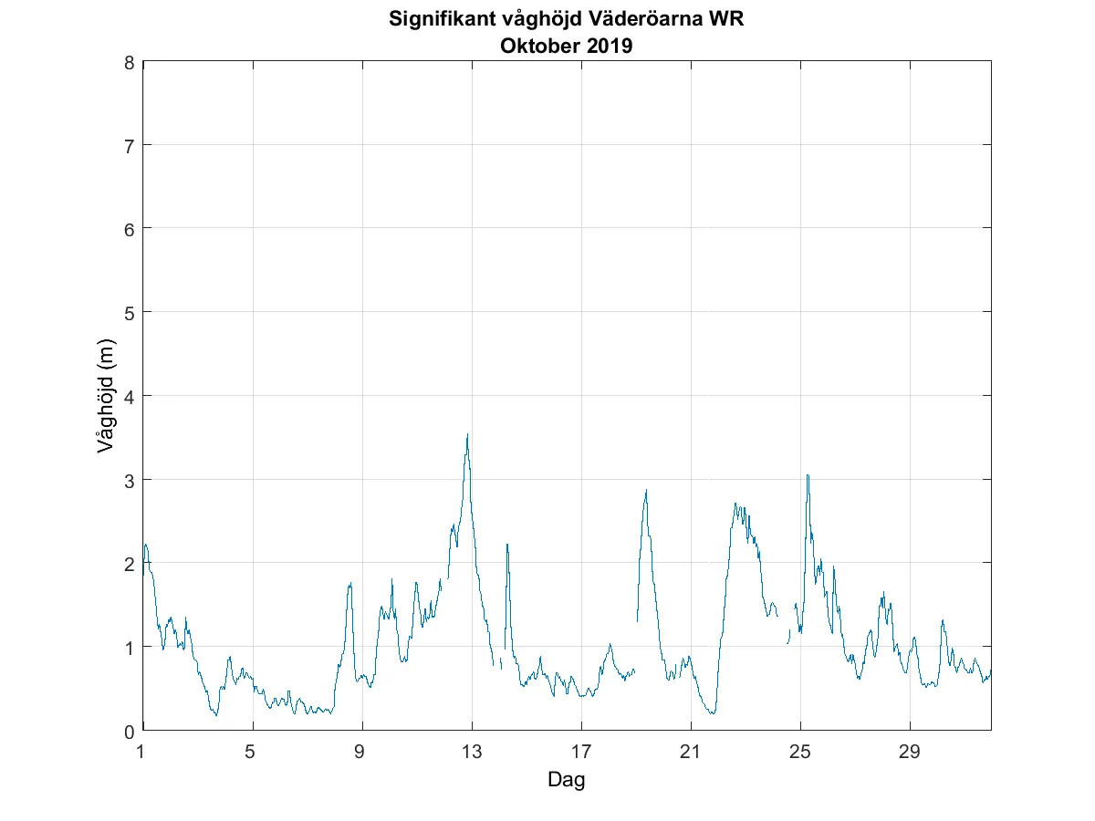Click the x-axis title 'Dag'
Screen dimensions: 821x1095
pyautogui.click(x=566, y=780)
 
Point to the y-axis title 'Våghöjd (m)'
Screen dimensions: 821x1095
pyautogui.click(x=107, y=396)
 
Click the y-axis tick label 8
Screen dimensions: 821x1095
pyautogui.click(x=130, y=63)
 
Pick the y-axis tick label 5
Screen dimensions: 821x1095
pyautogui.click(x=130, y=313)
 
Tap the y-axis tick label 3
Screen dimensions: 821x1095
pyautogui.click(x=130, y=480)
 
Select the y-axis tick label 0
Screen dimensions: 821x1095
pyautogui.click(x=130, y=731)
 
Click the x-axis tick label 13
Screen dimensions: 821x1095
pyautogui.click(x=472, y=752)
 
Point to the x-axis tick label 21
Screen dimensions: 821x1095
pyautogui.click(x=691, y=752)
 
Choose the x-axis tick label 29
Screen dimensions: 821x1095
pyautogui.click(x=910, y=752)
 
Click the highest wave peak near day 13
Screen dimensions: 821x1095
pyautogui.click(x=467, y=435)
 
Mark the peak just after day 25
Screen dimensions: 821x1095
pyautogui.click(x=808, y=475)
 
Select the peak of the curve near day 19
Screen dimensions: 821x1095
pyautogui.click(x=646, y=491)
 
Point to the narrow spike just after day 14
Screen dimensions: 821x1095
pyautogui.click(x=507, y=545)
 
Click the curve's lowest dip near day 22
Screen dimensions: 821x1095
pyautogui.click(x=712, y=712)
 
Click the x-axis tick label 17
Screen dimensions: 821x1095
pyautogui.click(x=581, y=752)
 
